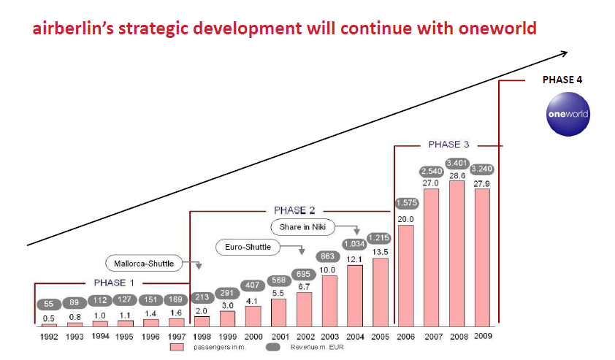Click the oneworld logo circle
click(x=568, y=115)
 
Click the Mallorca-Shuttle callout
click(x=144, y=262)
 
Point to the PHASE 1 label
click(x=115, y=283)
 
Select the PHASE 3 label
click(x=444, y=145)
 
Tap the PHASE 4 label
click(x=562, y=80)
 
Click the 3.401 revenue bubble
click(x=457, y=163)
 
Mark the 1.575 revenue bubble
click(x=406, y=203)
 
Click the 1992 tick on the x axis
click(x=48, y=335)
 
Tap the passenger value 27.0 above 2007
click(x=431, y=183)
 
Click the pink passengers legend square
click(x=175, y=348)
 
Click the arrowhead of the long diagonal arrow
click(x=565, y=53)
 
